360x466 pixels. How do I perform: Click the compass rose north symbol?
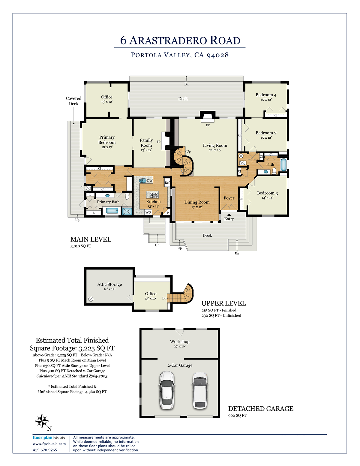pyautogui.click(x=42, y=421)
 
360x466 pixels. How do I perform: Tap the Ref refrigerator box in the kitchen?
pyautogui.click(x=167, y=183)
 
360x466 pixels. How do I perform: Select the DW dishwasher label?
pyautogui.click(x=150, y=181)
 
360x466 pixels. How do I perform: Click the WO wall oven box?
pyautogui.click(x=148, y=212)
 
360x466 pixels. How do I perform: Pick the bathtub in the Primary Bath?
pyautogui.click(x=112, y=211)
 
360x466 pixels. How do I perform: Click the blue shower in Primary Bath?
pyautogui.click(x=127, y=211)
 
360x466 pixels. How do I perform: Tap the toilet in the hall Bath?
pyautogui.click(x=274, y=171)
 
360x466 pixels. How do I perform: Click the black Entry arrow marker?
pyautogui.click(x=229, y=215)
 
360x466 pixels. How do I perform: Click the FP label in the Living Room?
pyautogui.click(x=208, y=125)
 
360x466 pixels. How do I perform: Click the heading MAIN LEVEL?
pyautogui.click(x=91, y=239)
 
